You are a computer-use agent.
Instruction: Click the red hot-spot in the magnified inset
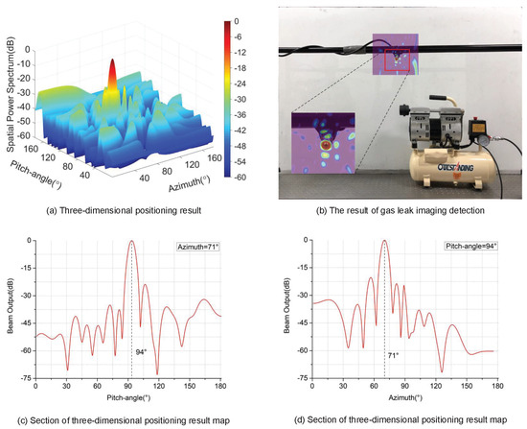tap(327, 147)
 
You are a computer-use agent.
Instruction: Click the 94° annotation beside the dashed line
tap(141, 352)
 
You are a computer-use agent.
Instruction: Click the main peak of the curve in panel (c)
tap(131, 242)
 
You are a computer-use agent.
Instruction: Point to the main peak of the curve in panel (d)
tap(384, 242)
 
